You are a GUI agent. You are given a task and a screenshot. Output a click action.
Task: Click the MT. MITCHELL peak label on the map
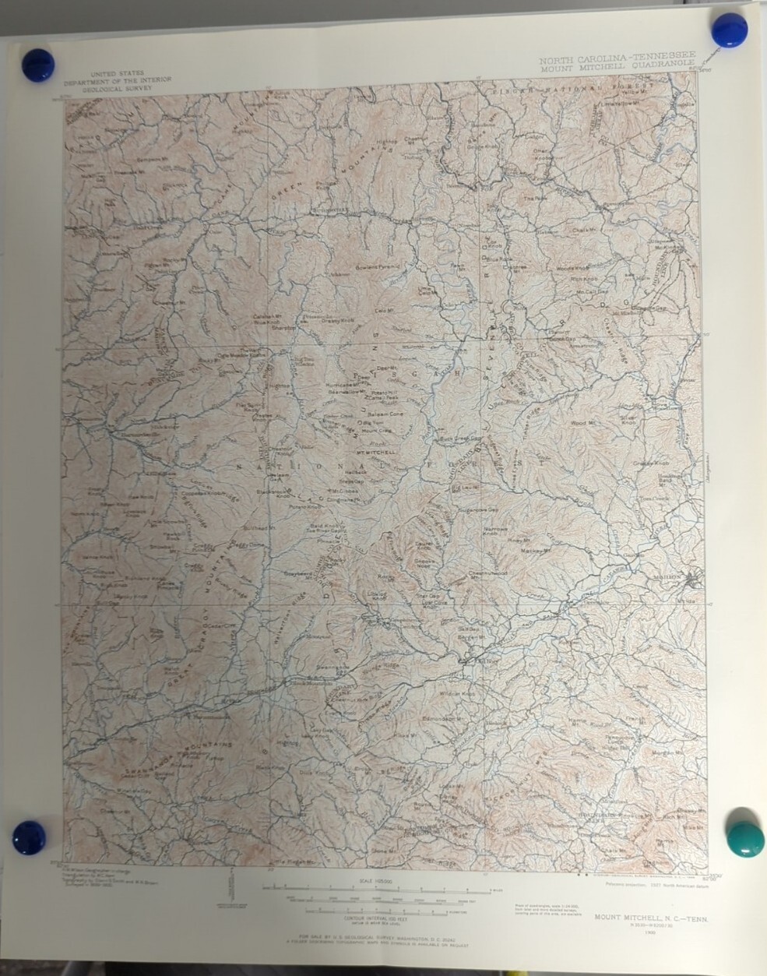click(x=376, y=452)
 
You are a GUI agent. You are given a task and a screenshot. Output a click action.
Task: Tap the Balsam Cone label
click(x=372, y=414)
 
